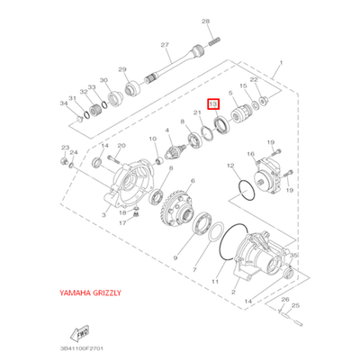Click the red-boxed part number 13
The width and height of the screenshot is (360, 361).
213,105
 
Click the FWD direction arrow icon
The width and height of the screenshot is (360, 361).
68,330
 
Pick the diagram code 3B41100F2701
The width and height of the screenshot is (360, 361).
76,346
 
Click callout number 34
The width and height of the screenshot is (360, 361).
64,104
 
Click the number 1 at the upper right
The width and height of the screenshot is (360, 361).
281,64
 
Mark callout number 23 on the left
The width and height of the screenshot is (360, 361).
64,146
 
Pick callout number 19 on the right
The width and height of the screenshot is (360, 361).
290,191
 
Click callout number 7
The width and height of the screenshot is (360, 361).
195,269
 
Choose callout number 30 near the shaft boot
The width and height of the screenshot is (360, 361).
103,80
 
